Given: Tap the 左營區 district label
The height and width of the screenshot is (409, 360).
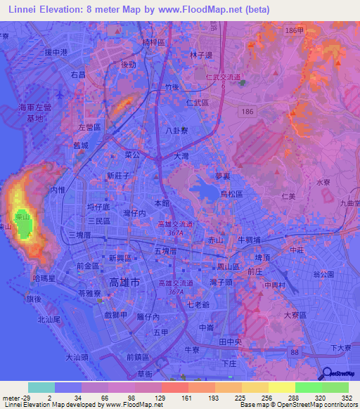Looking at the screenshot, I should pyautogui.click(x=89, y=126).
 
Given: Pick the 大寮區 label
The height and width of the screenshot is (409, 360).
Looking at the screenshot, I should pyautogui.click(x=296, y=317).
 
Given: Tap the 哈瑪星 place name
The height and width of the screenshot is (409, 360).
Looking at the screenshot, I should pyautogui.click(x=45, y=278).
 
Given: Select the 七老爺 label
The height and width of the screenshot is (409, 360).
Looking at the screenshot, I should pyautogui.click(x=199, y=304).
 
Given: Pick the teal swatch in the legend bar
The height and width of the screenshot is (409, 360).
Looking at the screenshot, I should pyautogui.click(x=41, y=387).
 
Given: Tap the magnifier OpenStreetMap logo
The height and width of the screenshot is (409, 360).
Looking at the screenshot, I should pyautogui.click(x=326, y=372).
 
